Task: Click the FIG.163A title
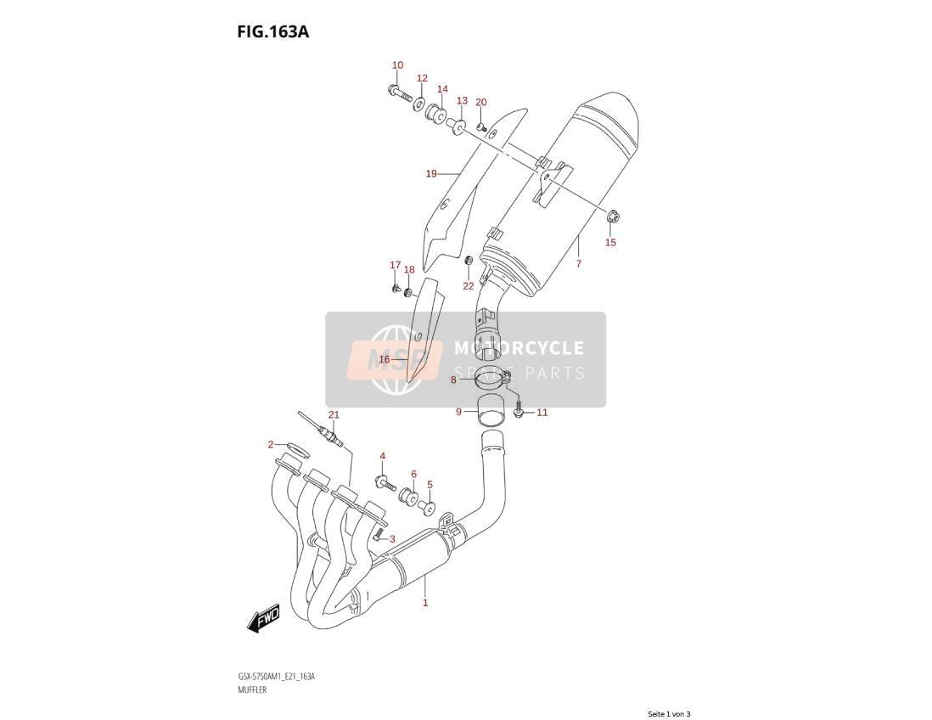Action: (272, 31)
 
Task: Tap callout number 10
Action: (397, 65)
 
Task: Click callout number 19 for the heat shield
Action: (431, 173)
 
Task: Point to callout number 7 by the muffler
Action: (578, 263)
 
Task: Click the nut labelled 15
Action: (612, 217)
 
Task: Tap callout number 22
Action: (469, 286)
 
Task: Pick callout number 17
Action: (396, 265)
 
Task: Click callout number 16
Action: (384, 359)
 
